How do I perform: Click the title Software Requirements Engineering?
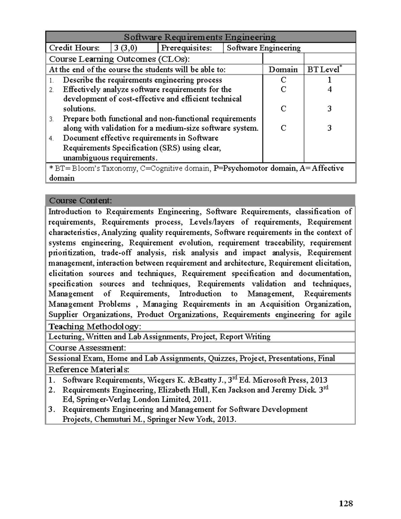(x=200, y=37)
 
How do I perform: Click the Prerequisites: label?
(x=186, y=48)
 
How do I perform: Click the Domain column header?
(x=283, y=70)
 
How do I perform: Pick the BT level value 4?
(x=329, y=89)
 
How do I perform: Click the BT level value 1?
(x=329, y=80)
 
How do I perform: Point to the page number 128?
(x=346, y=503)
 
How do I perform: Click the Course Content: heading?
(x=80, y=201)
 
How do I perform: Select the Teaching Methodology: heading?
(x=95, y=327)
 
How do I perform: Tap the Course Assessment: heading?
(x=87, y=348)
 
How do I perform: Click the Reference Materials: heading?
(x=89, y=369)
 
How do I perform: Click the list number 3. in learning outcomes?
(x=51, y=119)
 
